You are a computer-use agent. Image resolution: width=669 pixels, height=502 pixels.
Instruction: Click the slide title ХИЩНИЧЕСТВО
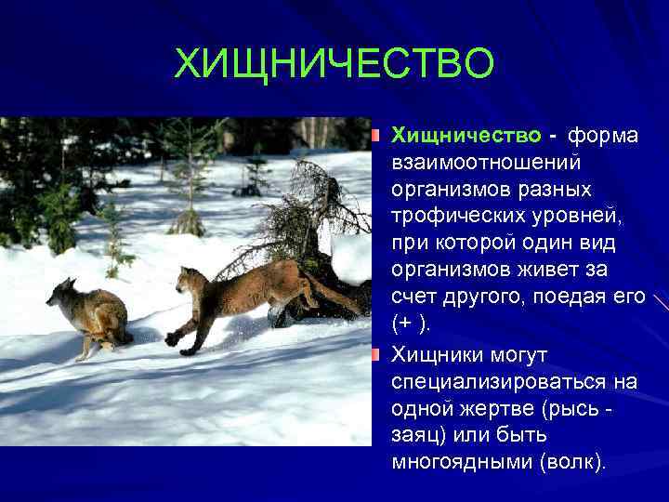tap(334, 65)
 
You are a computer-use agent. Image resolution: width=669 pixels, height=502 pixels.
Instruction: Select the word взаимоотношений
tap(486, 164)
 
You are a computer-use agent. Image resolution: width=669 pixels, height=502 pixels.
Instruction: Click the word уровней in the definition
tap(571, 218)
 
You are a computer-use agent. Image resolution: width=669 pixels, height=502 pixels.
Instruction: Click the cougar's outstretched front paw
tap(173, 340)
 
